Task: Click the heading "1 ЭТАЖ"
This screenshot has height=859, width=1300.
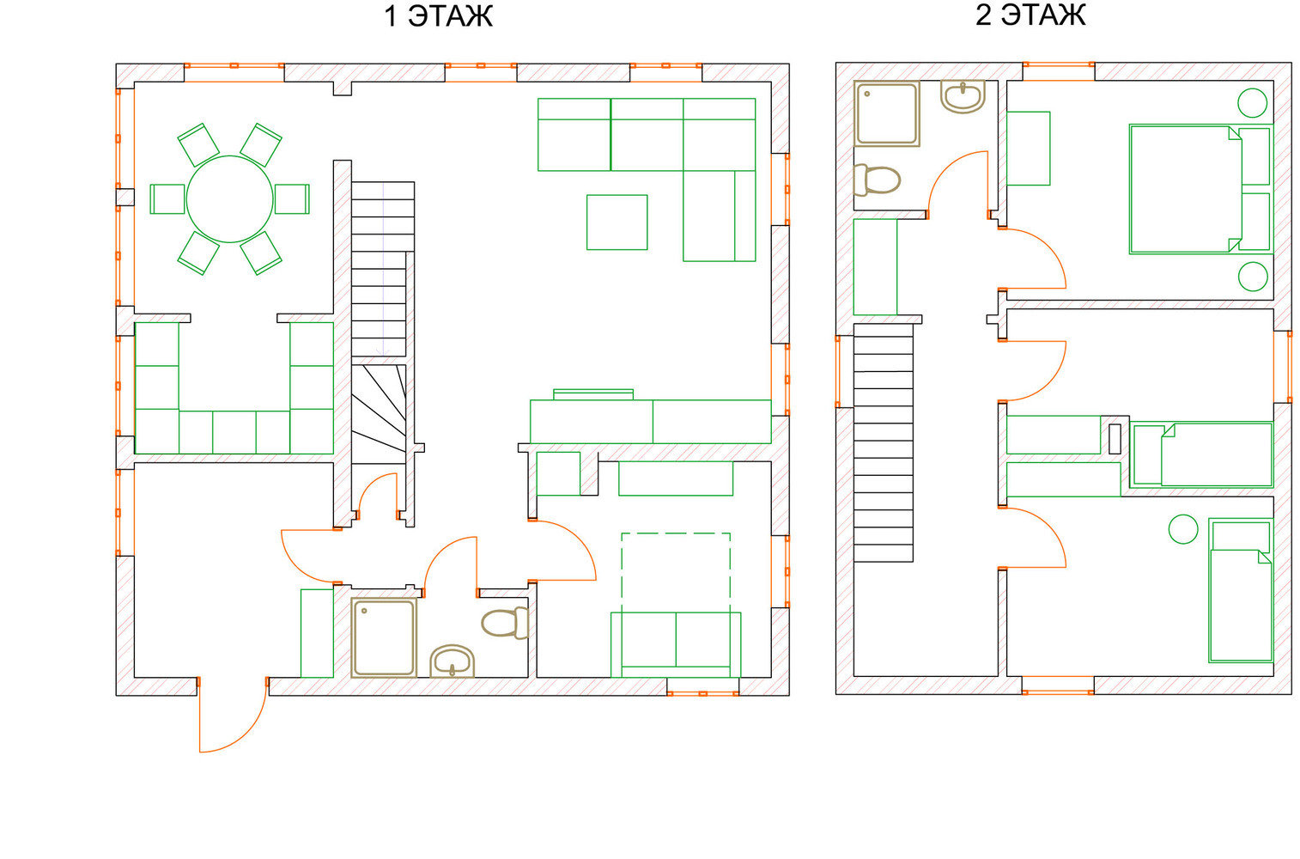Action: [438, 16]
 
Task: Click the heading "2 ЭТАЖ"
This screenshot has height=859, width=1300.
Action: [1030, 15]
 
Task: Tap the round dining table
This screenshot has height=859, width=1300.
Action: [230, 199]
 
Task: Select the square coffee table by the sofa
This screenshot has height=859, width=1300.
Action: [617, 222]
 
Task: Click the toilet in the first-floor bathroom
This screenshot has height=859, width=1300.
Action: [505, 622]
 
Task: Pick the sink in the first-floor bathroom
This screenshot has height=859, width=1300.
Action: [453, 661]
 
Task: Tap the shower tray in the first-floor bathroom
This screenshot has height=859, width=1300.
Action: [384, 638]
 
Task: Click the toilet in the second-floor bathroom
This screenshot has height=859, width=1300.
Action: [877, 180]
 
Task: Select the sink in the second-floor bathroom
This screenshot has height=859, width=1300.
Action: [963, 96]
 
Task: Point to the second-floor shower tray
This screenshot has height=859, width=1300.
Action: [887, 113]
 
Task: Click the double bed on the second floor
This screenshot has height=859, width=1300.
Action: [1200, 189]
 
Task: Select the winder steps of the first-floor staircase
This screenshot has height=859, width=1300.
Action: [379, 414]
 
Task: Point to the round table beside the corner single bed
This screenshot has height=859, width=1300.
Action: [1183, 529]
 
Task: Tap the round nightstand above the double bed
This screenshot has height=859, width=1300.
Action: [1252, 103]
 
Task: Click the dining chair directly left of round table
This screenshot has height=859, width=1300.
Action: [167, 199]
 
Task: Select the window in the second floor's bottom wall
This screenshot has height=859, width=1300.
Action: [1058, 691]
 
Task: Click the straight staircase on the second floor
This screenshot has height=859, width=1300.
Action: [884, 443]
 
